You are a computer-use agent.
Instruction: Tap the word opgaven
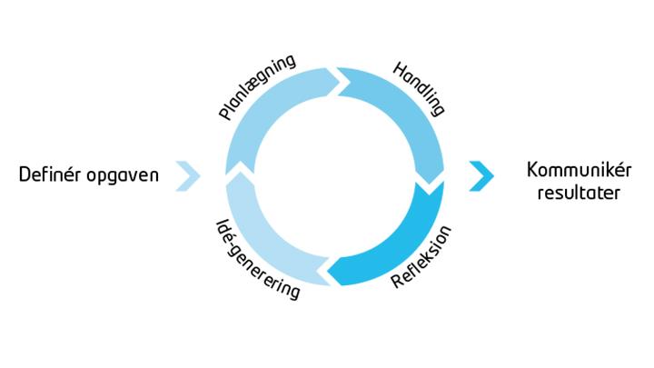point(123,176)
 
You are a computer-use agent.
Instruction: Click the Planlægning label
point(257,87)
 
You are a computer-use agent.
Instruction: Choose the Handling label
point(419,88)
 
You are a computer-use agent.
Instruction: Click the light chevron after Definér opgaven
point(188,175)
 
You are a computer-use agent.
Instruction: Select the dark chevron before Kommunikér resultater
point(481,175)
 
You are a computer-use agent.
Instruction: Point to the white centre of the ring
point(334,175)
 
